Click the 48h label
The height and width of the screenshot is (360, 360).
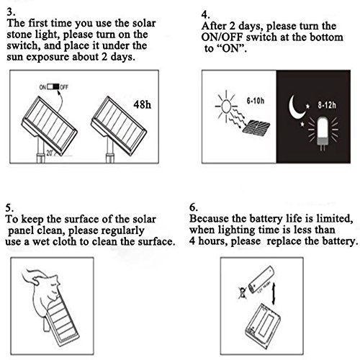[143, 104]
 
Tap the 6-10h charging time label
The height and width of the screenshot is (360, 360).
[256, 101]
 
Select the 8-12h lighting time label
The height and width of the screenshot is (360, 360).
[327, 105]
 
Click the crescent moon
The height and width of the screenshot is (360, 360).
[296, 107]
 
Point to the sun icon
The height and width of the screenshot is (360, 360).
[226, 107]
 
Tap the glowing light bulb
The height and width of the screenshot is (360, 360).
[323, 131]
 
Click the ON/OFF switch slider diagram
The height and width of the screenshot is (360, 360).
[53, 86]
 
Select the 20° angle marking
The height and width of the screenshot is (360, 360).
[50, 153]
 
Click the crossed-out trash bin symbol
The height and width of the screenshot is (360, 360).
[243, 293]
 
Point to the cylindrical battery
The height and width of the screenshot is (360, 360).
[261, 280]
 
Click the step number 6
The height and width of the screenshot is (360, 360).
[194, 207]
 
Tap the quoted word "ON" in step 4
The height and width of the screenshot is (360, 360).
[232, 48]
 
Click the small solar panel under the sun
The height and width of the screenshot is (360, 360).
[256, 127]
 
